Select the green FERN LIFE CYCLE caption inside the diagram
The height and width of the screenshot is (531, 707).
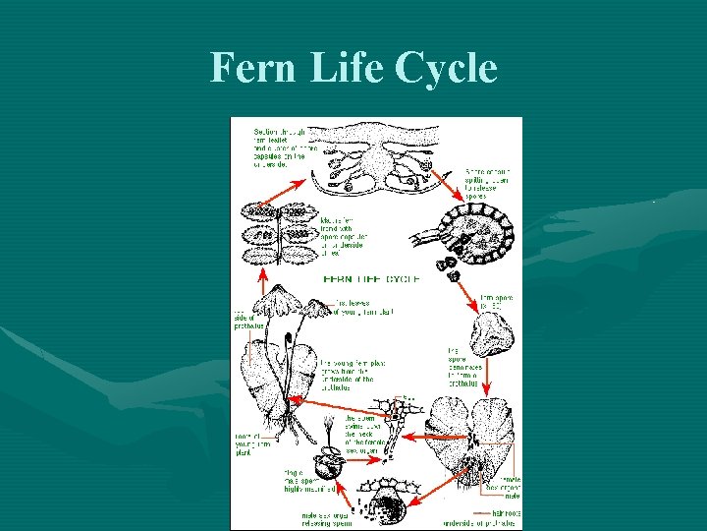371,279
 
